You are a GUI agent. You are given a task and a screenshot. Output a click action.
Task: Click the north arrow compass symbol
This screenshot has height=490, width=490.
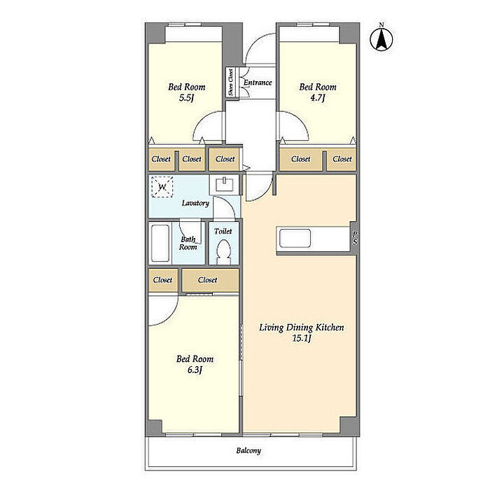381,38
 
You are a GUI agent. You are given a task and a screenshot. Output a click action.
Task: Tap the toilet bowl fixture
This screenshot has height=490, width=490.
223,252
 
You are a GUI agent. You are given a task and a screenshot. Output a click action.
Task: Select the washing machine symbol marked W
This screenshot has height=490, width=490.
162,187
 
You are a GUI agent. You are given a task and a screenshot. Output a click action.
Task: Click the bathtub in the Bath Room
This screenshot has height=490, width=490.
160,243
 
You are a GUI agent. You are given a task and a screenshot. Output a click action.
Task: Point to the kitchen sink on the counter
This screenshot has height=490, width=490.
295,239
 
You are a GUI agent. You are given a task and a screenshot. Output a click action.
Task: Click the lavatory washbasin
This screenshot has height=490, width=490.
225,184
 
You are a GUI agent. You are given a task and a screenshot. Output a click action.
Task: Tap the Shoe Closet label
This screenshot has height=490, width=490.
230,82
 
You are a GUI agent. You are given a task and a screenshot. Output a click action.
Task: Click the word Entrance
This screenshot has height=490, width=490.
258,83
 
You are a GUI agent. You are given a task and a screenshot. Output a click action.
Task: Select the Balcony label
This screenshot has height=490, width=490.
248,450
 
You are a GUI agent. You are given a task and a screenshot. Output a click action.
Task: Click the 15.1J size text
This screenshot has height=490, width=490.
302,338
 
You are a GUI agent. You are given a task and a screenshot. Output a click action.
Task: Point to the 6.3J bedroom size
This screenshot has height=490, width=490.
195,370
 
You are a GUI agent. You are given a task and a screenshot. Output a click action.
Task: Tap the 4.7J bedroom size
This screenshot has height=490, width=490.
318,98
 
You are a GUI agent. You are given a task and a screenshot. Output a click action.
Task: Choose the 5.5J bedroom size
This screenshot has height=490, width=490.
187,98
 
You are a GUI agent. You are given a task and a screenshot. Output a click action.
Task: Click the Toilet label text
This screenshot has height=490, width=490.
223,231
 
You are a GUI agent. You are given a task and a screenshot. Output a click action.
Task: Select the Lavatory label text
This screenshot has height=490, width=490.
195,203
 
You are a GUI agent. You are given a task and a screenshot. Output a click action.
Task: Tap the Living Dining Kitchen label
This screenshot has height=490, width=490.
302,328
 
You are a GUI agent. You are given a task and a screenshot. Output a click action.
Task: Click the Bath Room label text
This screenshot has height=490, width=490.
188,243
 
